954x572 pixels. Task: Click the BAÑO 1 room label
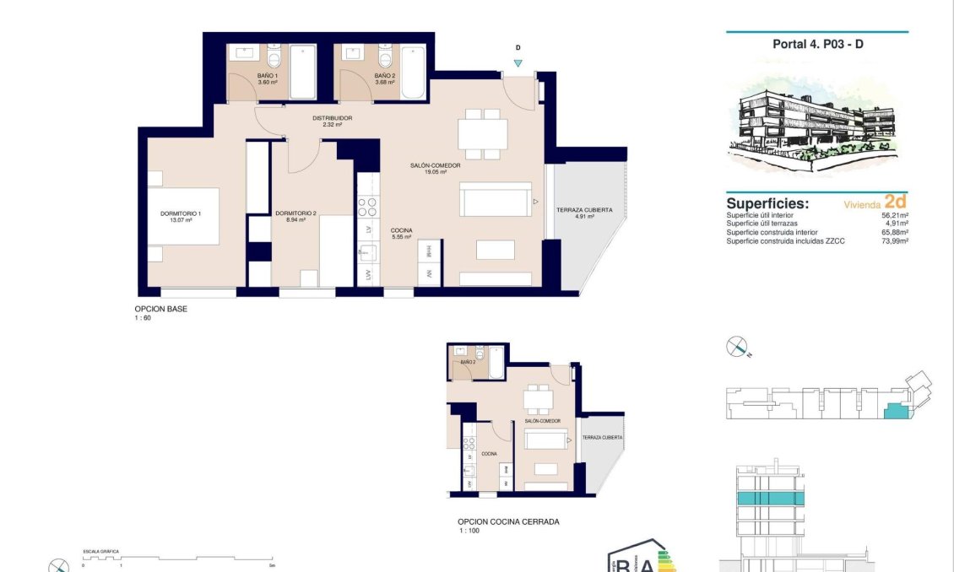[x=268, y=76]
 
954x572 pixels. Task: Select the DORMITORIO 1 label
[x=181, y=214]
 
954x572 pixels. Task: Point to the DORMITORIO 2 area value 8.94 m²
[x=295, y=220]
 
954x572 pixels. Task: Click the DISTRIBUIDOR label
[x=332, y=118]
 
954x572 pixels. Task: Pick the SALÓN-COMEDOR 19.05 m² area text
[x=436, y=172]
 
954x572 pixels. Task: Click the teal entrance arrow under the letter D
[x=518, y=63]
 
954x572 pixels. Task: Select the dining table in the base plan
[x=482, y=133]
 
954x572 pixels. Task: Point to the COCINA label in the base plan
[x=401, y=230]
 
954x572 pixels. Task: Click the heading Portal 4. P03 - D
[x=817, y=45]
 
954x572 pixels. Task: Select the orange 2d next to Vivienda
[x=895, y=202]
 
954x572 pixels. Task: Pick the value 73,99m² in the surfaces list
[x=891, y=242]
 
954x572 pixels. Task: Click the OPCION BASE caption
[x=161, y=310]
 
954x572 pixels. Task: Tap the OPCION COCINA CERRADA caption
[x=507, y=522]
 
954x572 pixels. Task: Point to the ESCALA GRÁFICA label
[x=100, y=552]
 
